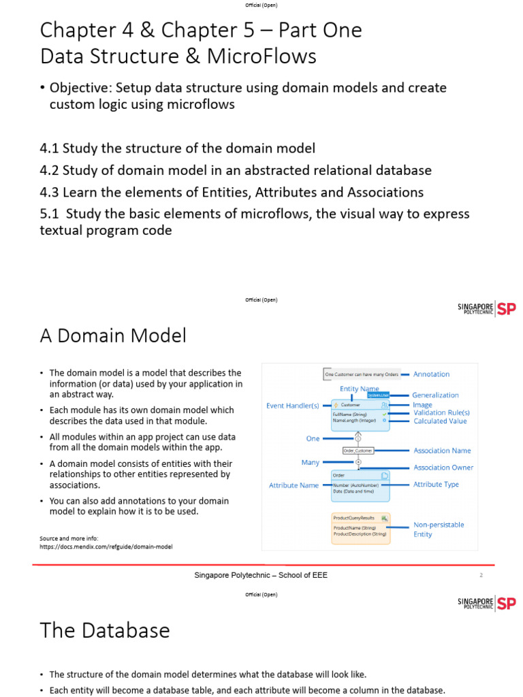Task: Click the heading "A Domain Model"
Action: tap(113, 336)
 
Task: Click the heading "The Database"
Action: tap(105, 630)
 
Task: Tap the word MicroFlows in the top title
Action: tap(264, 56)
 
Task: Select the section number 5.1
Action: tap(52, 214)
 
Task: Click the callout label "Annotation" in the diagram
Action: tap(431, 374)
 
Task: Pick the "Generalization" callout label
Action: tap(435, 395)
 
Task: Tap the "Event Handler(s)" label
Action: tap(292, 406)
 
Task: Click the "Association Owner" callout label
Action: tap(443, 468)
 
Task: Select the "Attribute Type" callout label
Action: tap(436, 485)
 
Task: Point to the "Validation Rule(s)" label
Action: tap(441, 412)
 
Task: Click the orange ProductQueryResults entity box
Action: tap(360, 528)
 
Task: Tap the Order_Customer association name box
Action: tap(358, 450)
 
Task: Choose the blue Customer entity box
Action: tap(360, 413)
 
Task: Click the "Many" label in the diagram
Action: tap(310, 462)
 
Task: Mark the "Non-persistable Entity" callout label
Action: tap(439, 530)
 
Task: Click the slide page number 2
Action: tap(481, 575)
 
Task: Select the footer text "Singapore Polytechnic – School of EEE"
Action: tap(261, 575)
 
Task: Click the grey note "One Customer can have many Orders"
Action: tap(361, 374)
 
